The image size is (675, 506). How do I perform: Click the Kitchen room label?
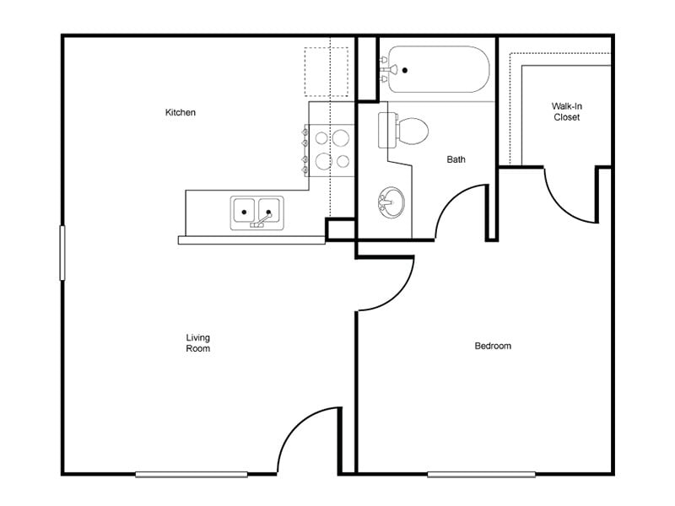pyautogui.click(x=181, y=112)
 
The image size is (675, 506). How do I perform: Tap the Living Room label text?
pyautogui.click(x=198, y=342)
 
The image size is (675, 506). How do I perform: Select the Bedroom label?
pyautogui.click(x=493, y=346)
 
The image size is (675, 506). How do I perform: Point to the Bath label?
pyautogui.click(x=456, y=159)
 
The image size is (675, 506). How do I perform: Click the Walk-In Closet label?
pyautogui.click(x=567, y=111)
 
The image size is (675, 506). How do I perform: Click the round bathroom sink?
pyautogui.click(x=391, y=202)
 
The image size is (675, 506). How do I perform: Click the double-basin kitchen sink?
pyautogui.click(x=256, y=212)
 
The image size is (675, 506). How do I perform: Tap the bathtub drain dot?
pyautogui.click(x=405, y=70)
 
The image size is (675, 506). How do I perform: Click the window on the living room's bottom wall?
pyautogui.click(x=192, y=474)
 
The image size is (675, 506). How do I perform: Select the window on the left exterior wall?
pyautogui.click(x=62, y=252)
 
